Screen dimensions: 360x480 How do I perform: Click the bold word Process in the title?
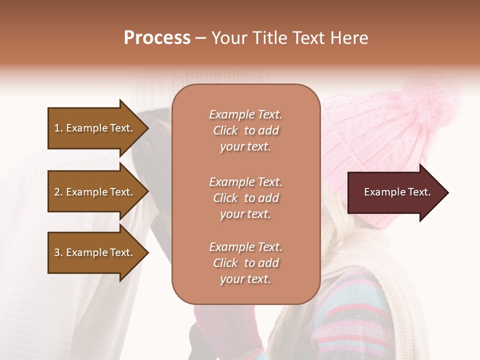click(x=157, y=38)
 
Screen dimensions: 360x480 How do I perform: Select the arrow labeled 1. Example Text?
click(x=95, y=128)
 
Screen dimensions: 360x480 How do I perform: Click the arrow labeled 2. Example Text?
click(x=95, y=192)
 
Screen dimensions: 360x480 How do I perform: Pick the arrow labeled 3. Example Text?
click(x=95, y=252)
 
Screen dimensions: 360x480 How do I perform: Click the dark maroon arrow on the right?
click(x=395, y=192)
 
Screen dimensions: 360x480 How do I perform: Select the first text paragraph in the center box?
click(x=245, y=130)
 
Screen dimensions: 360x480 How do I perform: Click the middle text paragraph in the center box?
click(x=245, y=198)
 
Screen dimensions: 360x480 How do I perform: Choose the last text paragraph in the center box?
click(x=245, y=263)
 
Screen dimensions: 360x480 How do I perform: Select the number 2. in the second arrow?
click(x=58, y=192)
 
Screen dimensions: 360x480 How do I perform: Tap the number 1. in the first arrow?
click(x=58, y=128)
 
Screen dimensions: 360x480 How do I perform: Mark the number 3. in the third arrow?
click(x=58, y=252)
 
